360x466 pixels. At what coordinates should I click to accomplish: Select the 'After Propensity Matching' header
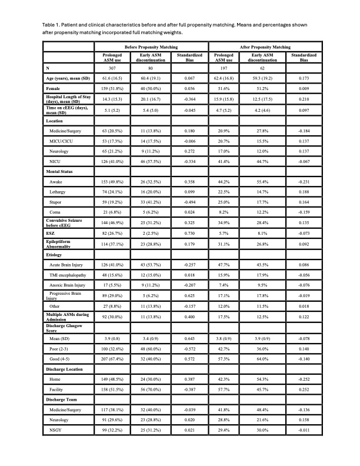tap(265, 46)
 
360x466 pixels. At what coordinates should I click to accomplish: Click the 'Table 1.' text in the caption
tap(53, 25)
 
